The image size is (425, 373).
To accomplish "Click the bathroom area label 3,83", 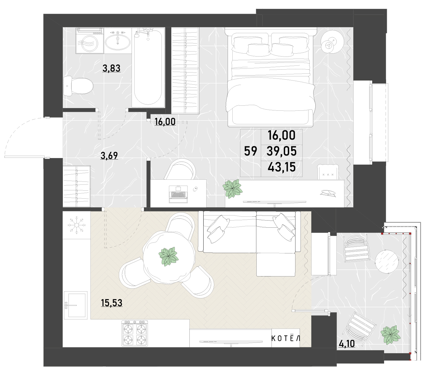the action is pos(111,68).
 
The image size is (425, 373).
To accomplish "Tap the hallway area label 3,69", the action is pos(109,155).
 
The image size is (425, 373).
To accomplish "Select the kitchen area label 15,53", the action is pos(112,303).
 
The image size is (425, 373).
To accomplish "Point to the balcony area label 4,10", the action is pos(347,344).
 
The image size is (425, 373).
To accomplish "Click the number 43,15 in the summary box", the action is pos(282,167).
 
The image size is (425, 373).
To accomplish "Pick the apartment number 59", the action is pos(251,151).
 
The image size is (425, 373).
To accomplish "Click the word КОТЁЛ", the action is pos(286,338).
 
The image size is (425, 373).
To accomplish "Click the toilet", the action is pos(78,86).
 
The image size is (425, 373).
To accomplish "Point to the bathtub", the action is pos(148,67).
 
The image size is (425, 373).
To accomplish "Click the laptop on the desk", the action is pos(178,194).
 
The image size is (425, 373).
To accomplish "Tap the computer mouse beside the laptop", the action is pos(195,189).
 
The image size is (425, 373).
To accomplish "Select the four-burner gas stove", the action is pos(135,333).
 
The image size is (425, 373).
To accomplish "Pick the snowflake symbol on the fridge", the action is pos(76,225).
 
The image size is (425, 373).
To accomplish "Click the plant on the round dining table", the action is pos(168,256).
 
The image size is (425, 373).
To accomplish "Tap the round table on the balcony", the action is pos(386,261).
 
